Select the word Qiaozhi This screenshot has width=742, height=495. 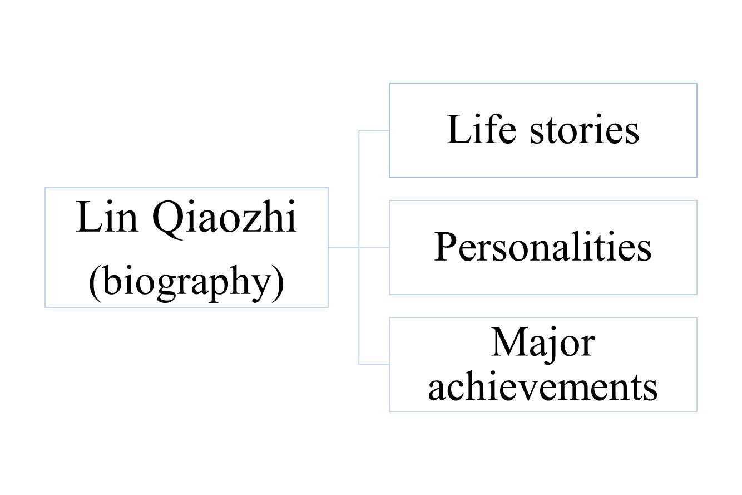224,219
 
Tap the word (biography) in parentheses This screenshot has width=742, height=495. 186,282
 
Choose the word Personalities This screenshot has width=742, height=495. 542,247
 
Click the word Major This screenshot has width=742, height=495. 542,342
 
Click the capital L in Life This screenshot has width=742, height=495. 457,130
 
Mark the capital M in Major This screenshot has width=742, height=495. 507,342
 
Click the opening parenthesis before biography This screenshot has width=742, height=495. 94,282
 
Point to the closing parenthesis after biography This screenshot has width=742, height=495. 279,282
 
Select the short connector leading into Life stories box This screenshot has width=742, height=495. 374,130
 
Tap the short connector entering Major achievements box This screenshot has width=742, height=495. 374,364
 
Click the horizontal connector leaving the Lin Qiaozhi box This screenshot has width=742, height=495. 343,247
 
